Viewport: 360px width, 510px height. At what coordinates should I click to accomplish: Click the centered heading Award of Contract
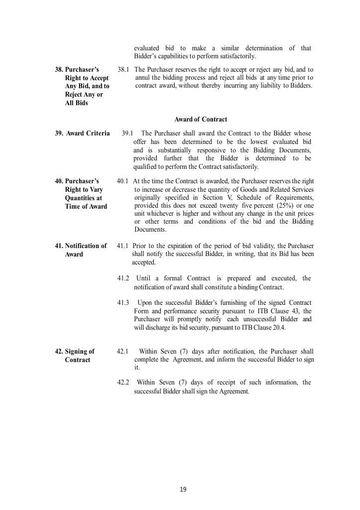(x=201, y=120)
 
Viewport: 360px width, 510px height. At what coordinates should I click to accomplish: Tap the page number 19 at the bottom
(x=183, y=490)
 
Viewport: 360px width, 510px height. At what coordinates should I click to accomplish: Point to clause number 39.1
(x=127, y=133)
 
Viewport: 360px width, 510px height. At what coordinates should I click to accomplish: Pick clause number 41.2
(x=123, y=278)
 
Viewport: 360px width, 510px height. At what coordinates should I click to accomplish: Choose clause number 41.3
(x=123, y=303)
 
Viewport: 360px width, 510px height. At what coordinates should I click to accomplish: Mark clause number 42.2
(x=123, y=382)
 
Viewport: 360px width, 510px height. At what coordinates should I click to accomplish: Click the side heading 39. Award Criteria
(x=82, y=133)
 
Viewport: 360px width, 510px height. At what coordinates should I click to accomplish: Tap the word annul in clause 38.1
(x=143, y=78)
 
